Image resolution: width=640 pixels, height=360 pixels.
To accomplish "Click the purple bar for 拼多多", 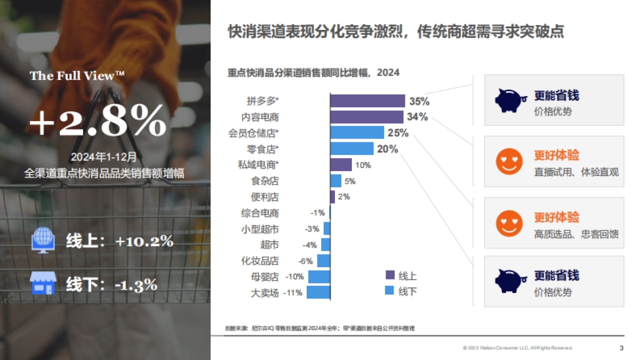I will pos(367,101).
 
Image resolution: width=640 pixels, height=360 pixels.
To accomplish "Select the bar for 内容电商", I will pos(367,117).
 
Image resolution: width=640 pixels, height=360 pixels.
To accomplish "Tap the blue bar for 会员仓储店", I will pos(357,133).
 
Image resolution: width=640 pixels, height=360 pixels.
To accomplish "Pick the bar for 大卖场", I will pos(318,292).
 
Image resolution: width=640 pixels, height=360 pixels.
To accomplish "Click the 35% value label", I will pos(419,101).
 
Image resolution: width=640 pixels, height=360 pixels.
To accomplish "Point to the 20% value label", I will pos(388,149).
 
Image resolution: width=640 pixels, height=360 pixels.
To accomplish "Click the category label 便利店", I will pos(265,197).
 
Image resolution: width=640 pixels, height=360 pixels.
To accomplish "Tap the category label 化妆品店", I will pos(260,261).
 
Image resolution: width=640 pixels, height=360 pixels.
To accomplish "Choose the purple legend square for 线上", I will pos(390,275).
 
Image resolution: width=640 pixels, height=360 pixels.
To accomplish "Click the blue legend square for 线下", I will pos(390,291).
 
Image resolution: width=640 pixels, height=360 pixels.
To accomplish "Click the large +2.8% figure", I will pos(98,122).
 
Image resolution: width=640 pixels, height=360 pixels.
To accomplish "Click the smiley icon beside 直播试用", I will pos(509,161).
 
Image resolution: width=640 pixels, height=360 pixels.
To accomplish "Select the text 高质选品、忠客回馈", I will pos(576,234).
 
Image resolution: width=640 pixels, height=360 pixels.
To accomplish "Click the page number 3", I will pos(621,348).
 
